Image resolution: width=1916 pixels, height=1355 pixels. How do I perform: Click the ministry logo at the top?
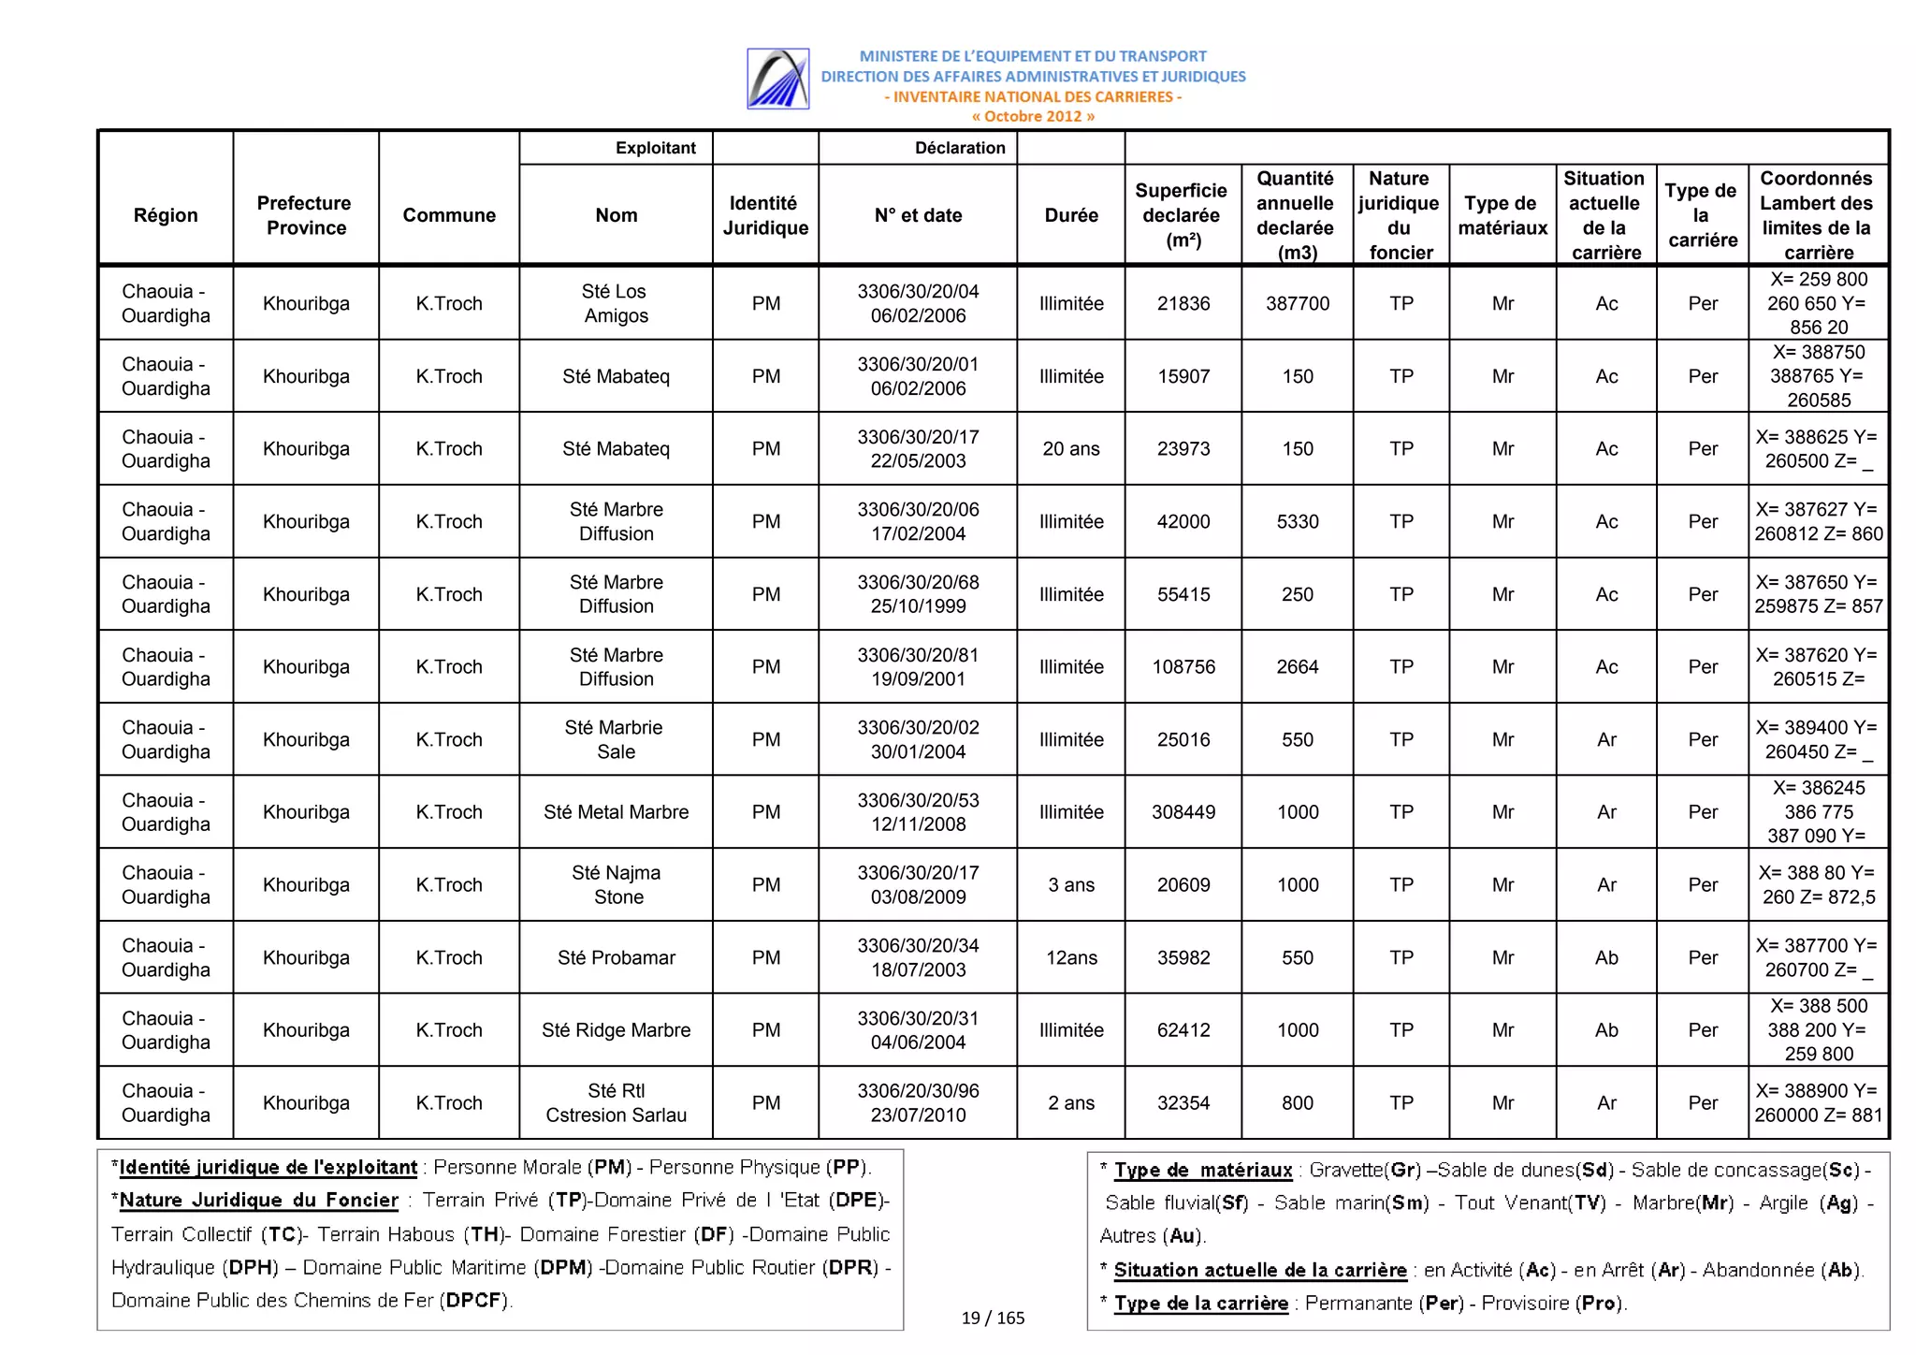click(777, 79)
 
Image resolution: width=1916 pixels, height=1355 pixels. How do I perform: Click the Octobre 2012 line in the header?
click(1032, 116)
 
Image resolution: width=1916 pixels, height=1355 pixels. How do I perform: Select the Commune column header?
click(449, 215)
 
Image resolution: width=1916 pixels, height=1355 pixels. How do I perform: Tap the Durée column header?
click(1071, 215)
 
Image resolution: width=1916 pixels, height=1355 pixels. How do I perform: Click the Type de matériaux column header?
click(1502, 215)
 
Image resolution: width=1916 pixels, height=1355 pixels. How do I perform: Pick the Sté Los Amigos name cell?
click(616, 303)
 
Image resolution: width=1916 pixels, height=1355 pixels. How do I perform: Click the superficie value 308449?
click(1183, 812)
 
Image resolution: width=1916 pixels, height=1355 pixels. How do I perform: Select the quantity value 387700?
click(1298, 303)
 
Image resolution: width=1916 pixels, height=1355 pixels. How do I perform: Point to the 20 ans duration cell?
click(1071, 449)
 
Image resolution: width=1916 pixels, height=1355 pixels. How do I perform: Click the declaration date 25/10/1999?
click(918, 606)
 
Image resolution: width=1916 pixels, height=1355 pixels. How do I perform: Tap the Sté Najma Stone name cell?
click(616, 884)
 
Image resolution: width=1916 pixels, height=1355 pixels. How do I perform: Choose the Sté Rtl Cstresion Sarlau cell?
click(616, 1102)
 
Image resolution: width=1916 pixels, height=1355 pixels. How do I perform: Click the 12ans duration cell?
click(1071, 957)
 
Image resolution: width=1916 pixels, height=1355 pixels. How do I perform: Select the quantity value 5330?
click(1298, 521)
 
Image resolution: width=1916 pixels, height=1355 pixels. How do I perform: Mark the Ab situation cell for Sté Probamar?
click(1606, 957)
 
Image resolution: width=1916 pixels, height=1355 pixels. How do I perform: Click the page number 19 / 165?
click(993, 1318)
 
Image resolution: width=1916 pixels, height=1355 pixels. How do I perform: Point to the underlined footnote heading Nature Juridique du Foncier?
click(258, 1201)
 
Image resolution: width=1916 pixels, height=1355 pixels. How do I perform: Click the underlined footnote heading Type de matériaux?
click(1203, 1170)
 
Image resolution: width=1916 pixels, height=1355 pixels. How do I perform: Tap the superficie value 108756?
click(1183, 666)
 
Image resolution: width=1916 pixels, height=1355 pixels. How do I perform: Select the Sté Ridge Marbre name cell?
click(616, 1030)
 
